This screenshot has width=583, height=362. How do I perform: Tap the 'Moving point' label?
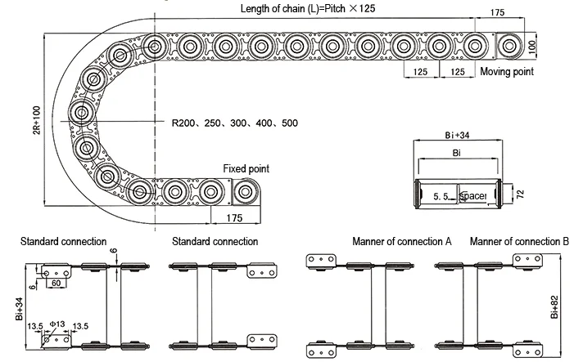tap(506, 72)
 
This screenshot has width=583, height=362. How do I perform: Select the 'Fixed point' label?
tap(246, 168)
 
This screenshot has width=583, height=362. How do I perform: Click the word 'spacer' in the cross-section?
tap(473, 197)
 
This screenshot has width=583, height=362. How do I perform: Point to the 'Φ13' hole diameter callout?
tap(56, 325)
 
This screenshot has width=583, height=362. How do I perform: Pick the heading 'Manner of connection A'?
tap(402, 242)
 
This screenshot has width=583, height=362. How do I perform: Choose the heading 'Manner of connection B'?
tap(519, 242)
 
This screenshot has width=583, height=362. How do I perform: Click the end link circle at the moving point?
tap(511, 45)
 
